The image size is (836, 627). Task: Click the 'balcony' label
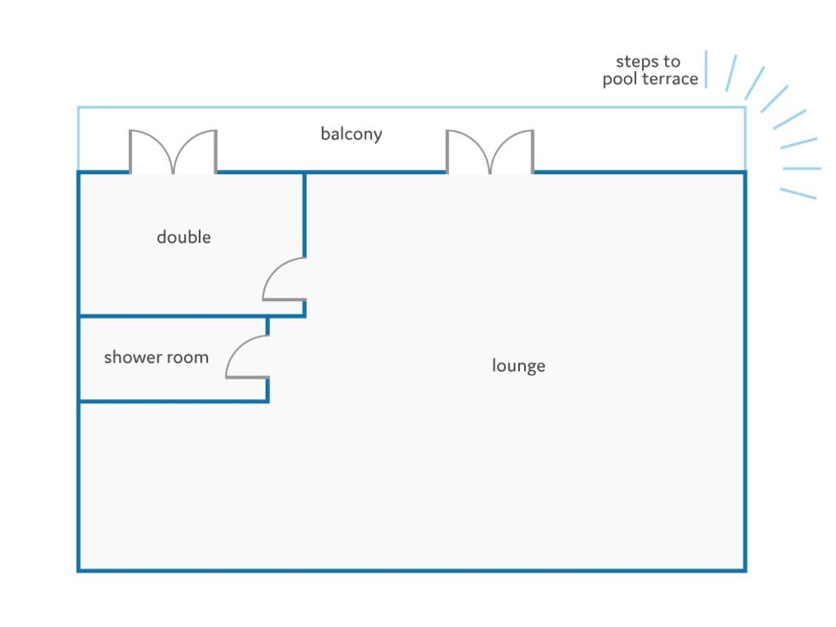pyautogui.click(x=352, y=134)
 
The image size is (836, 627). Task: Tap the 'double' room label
pyautogui.click(x=184, y=236)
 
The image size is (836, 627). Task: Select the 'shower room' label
pyautogui.click(x=156, y=356)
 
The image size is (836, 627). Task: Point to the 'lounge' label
pyautogui.click(x=519, y=365)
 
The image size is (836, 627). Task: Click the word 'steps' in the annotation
pyautogui.click(x=637, y=62)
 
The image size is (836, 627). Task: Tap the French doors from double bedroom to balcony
pyautogui.click(x=173, y=152)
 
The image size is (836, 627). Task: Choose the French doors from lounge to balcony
pyautogui.click(x=490, y=152)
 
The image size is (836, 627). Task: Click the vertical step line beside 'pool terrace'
pyautogui.click(x=706, y=69)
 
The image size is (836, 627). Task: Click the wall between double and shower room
pyautogui.click(x=192, y=316)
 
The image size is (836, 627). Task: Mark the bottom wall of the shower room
pyautogui.click(x=173, y=401)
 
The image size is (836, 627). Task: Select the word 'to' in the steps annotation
pyautogui.click(x=672, y=62)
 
